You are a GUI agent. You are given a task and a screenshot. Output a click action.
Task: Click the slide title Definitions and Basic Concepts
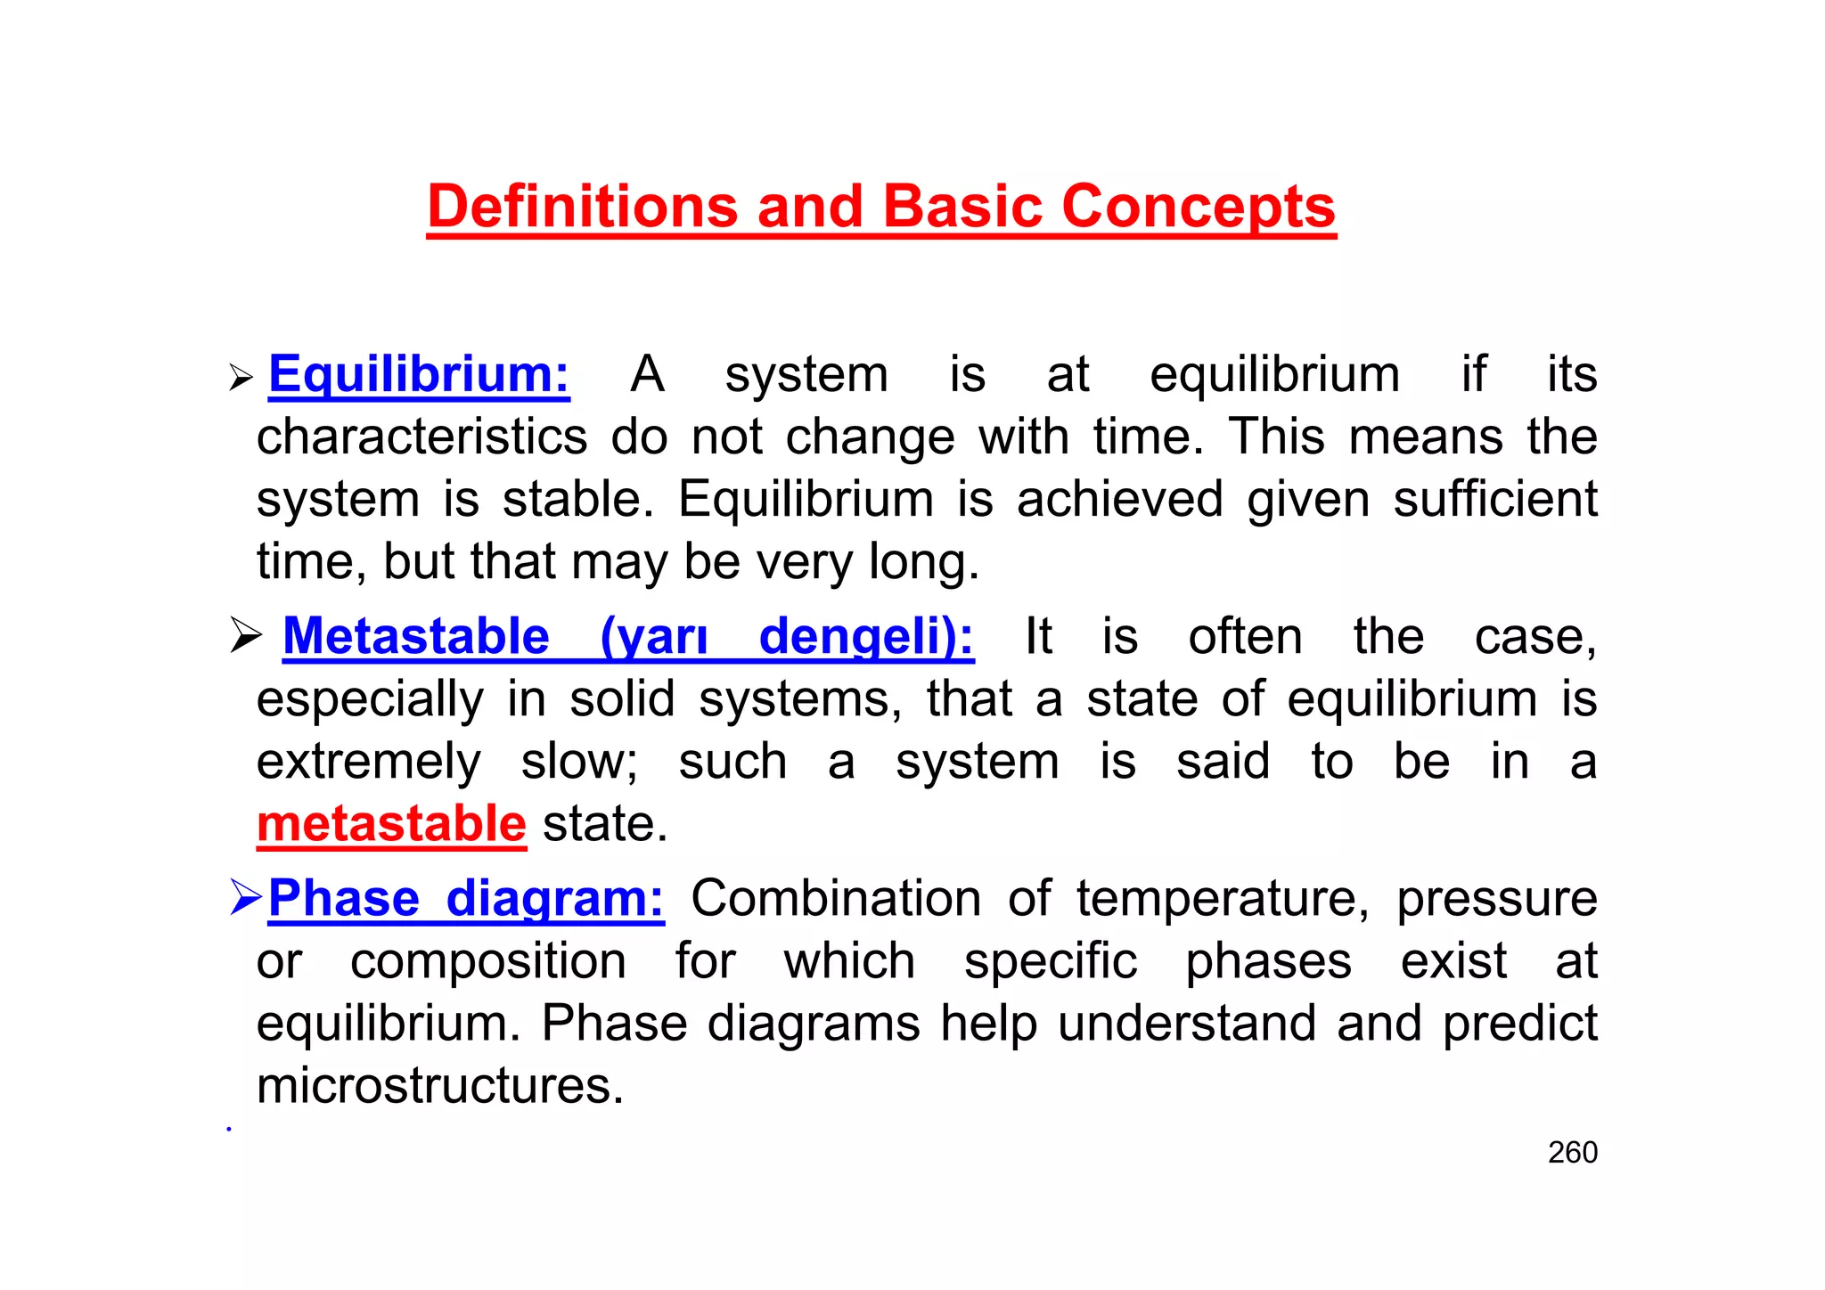880,207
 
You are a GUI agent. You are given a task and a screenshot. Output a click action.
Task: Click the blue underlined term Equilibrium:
419,374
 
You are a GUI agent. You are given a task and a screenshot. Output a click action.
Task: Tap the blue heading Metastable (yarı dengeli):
627,637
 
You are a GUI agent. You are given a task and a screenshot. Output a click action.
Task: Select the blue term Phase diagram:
465,898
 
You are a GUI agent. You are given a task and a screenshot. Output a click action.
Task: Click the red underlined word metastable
391,824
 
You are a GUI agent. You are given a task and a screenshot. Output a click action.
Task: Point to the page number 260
1572,1153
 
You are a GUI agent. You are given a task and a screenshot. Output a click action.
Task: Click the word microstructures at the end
440,1087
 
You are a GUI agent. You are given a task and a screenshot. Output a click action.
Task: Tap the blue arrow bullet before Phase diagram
245,897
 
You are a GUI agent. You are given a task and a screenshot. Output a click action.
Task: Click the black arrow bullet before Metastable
245,636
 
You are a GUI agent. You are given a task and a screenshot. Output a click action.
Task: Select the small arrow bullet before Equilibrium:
241,378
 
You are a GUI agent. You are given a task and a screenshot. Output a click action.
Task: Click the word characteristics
421,437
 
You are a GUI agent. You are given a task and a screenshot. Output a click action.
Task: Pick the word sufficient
1494,499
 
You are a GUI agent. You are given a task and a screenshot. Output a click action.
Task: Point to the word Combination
836,898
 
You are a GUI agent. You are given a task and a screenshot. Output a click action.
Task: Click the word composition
487,962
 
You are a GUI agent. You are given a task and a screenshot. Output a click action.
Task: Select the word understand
1186,1024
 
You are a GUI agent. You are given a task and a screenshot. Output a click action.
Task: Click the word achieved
1119,499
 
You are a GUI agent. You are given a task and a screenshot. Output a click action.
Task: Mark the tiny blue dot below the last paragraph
229,1129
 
